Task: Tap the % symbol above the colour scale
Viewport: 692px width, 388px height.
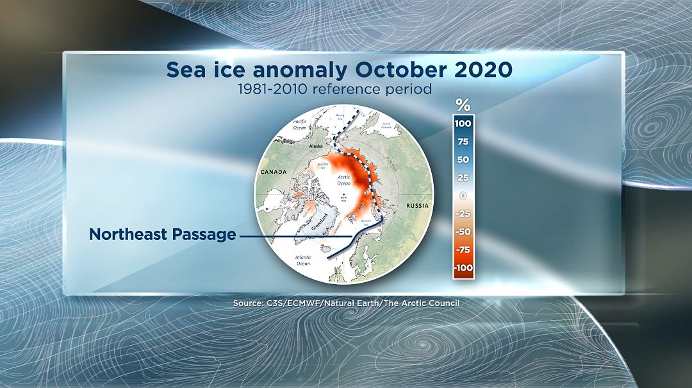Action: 463,105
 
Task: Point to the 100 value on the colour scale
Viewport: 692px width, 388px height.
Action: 463,124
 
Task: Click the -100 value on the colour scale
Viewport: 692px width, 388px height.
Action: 462,267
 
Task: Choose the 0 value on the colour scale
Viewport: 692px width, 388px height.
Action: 463,196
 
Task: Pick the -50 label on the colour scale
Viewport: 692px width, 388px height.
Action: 463,232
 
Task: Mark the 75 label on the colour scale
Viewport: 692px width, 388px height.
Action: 463,142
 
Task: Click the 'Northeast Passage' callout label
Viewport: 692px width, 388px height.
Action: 163,235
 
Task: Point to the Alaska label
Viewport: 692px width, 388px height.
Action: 316,146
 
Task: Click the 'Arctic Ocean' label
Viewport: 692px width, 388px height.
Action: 344,180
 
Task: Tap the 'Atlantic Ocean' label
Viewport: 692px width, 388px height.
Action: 303,260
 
